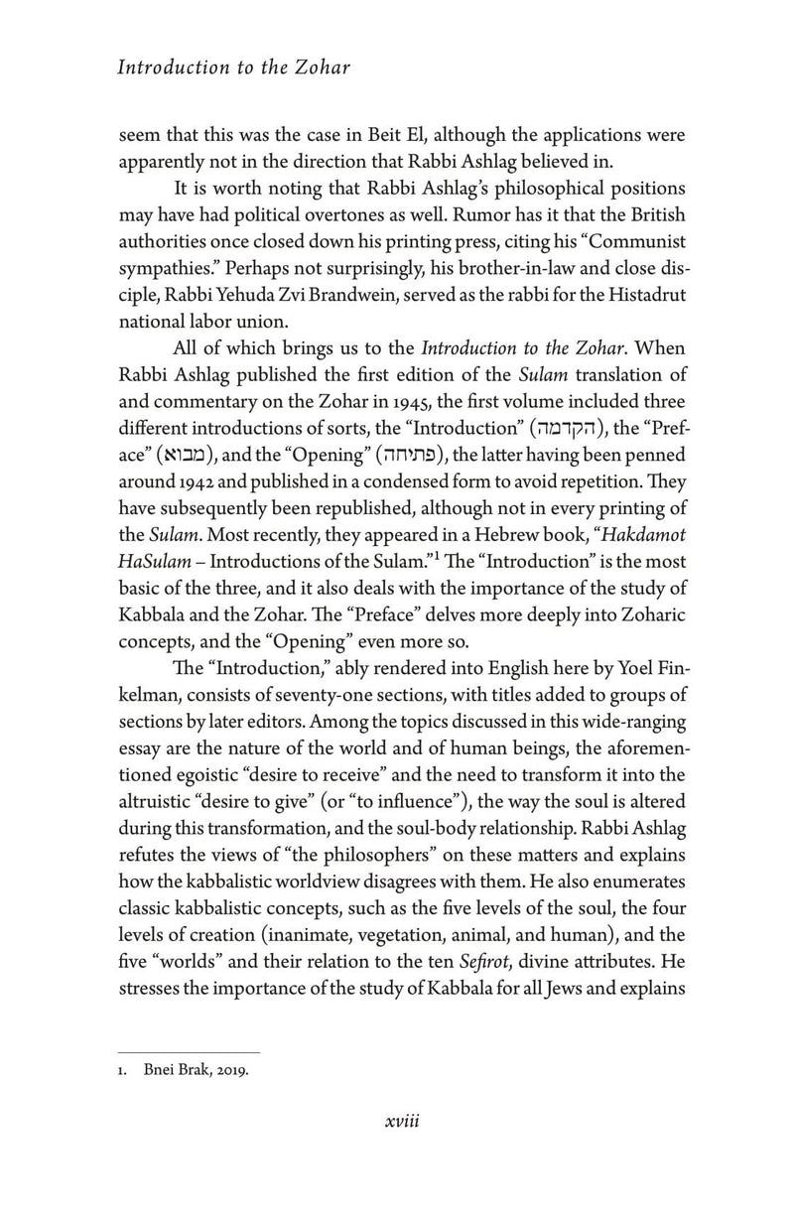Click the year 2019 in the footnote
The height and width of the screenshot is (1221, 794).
pos(229,1070)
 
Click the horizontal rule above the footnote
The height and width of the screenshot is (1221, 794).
pos(188,1050)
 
